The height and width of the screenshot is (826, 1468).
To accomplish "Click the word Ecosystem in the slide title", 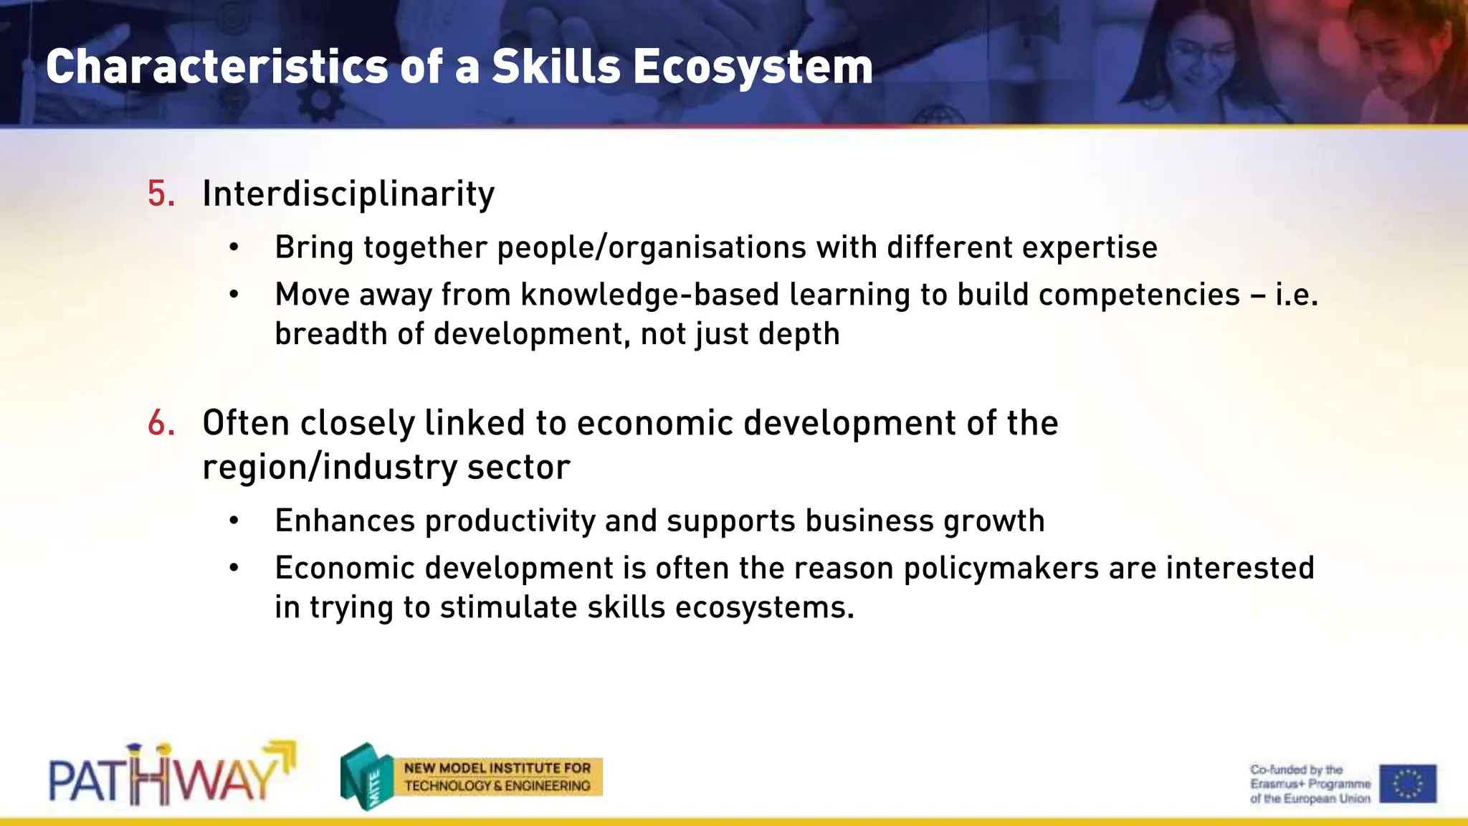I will [x=752, y=67].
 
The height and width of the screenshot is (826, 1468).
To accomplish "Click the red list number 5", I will [x=161, y=194].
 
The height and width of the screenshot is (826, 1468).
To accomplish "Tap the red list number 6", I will [x=161, y=423].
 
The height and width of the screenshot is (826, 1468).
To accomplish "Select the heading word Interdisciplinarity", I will [x=348, y=194].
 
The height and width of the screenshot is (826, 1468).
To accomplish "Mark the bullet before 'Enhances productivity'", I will [x=234, y=521].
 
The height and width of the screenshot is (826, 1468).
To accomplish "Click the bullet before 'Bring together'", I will [x=234, y=248].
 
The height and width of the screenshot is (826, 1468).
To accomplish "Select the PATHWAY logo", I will [x=172, y=775].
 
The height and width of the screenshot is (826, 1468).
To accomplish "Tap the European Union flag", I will [x=1408, y=783].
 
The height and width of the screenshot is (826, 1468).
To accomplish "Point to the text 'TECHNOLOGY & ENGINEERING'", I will [x=497, y=786].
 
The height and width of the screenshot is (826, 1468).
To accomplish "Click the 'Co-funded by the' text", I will [x=1296, y=769].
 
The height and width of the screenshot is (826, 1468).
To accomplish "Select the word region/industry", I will [x=329, y=467].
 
